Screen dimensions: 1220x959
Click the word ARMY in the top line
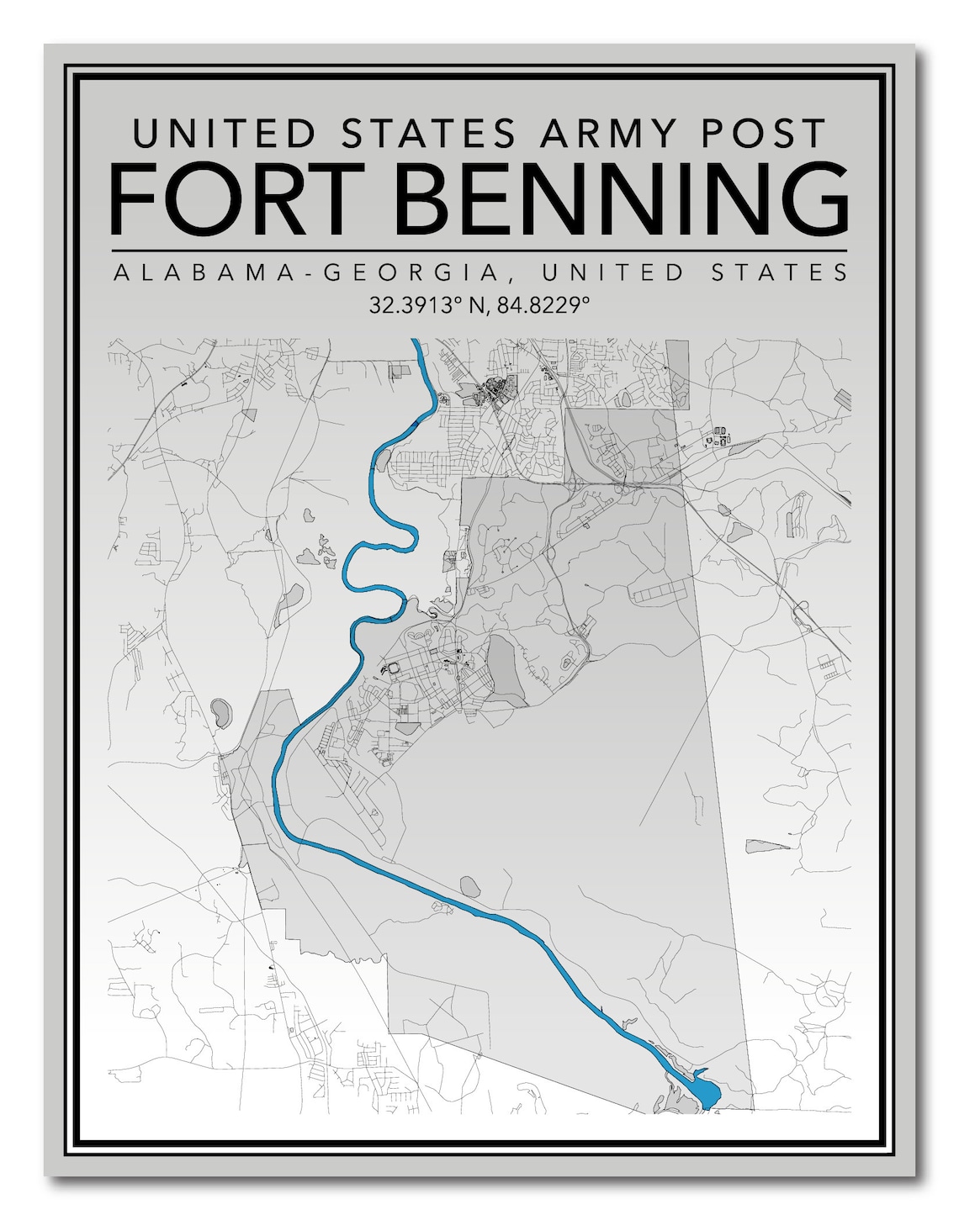[608, 134]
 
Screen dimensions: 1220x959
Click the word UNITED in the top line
[224, 134]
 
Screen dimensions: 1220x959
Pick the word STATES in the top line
[428, 134]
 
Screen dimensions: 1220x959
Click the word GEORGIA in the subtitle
[408, 272]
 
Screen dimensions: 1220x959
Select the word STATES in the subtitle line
[775, 272]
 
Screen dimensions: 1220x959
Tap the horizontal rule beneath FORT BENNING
[479, 251]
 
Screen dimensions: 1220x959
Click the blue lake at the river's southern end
[705, 1092]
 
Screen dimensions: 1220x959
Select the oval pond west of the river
[222, 712]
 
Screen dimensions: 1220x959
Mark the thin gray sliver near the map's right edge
[768, 846]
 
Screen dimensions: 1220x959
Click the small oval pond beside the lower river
[469, 885]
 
